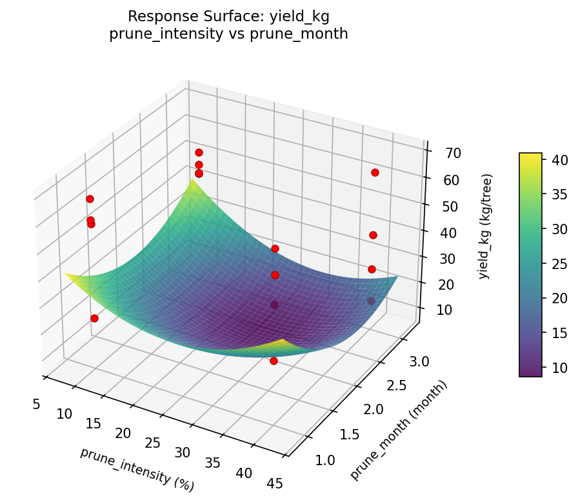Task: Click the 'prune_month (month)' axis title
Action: click(x=398, y=430)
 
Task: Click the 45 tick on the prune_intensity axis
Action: click(x=274, y=482)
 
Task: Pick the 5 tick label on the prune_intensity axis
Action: click(x=35, y=404)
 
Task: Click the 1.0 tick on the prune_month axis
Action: click(x=325, y=459)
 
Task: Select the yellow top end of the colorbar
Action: click(x=530, y=155)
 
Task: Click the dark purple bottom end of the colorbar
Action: click(x=530, y=373)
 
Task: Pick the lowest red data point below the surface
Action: click(x=274, y=361)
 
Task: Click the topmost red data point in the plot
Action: click(x=199, y=152)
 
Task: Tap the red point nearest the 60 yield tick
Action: click(x=375, y=172)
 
